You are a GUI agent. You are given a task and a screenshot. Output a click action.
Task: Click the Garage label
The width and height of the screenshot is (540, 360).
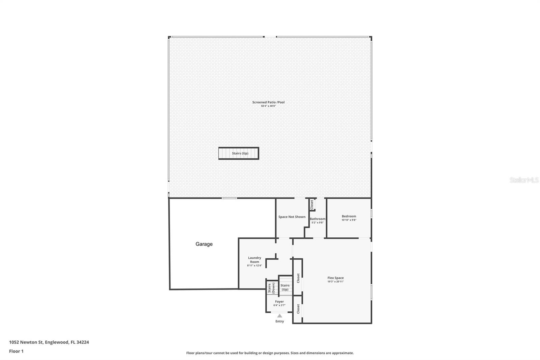pos(204,244)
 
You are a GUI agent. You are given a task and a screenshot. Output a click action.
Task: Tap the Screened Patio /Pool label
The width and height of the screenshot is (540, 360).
pos(268,102)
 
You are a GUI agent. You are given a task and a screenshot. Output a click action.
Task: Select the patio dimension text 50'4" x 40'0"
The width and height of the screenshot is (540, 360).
pos(268,106)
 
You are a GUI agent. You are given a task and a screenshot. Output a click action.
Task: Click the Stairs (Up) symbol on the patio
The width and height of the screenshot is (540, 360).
pos(239,153)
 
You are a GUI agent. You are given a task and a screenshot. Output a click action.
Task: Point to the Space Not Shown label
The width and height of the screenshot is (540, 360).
pos(292,217)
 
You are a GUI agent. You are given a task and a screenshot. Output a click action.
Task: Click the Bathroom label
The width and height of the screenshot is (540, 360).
pos(318,219)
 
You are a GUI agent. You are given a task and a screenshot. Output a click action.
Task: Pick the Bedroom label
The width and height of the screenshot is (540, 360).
pos(349,216)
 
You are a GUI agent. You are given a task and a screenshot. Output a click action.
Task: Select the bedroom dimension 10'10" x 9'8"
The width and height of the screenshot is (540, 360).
pos(349,220)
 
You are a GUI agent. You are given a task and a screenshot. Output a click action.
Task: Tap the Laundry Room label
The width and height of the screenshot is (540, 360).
pos(254,260)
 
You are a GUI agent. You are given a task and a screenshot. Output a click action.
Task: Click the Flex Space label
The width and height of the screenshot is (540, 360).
pos(335,278)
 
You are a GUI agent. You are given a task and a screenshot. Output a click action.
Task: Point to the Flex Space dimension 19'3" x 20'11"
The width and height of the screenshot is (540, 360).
pos(335,282)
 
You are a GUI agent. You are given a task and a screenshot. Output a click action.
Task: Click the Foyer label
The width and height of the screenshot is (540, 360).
pos(279,302)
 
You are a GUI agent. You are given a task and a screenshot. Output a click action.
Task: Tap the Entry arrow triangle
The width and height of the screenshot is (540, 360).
pos(279,316)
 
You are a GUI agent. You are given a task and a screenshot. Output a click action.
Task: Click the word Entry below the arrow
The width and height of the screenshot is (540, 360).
pos(279,322)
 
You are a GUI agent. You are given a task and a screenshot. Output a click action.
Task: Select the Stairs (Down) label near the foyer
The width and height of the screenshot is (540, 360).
pos(271,288)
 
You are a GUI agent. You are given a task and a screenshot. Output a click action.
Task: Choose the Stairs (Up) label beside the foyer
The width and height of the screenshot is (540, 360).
pos(285,287)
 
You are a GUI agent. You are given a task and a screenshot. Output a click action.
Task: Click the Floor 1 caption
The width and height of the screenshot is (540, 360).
pos(16,351)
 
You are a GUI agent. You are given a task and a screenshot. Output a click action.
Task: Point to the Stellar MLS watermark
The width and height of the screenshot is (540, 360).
pos(524,180)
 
